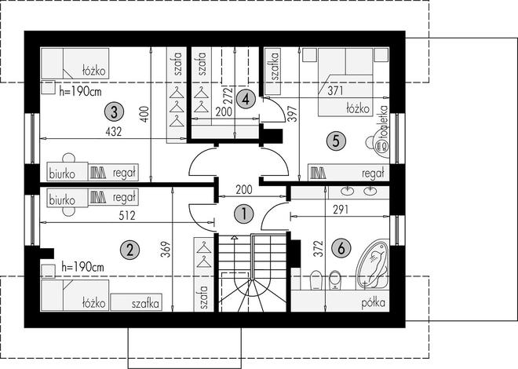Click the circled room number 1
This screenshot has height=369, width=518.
click(244, 214)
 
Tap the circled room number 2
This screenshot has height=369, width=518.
click(129, 250)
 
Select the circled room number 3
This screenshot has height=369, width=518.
click(114, 112)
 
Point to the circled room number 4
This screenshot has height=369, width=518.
click(246, 99)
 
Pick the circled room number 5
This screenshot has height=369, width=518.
click(336, 141)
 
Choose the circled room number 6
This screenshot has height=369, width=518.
click(341, 248)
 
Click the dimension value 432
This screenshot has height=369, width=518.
click(114, 132)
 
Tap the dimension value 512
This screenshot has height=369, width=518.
click(127, 216)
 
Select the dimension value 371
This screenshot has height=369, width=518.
click(335, 91)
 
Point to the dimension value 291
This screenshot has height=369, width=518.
click(341, 210)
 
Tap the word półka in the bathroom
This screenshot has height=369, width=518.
click(374, 303)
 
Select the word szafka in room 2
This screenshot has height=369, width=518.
click(145, 303)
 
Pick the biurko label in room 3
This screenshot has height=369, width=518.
click(62, 174)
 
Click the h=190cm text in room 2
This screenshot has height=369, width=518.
click(83, 266)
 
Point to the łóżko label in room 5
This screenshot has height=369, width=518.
click(358, 108)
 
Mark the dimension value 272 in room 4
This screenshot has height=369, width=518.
click(228, 95)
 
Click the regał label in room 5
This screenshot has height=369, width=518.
click(374, 174)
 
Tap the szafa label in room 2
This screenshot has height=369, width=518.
click(204, 298)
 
